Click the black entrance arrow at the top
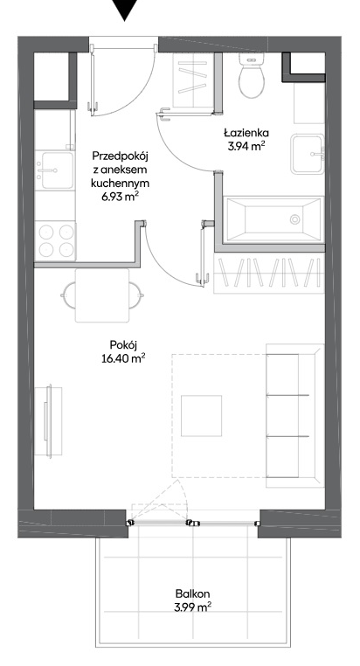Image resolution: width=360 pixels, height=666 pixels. tap(125, 9)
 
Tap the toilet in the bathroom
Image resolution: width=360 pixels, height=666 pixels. tap(252, 76)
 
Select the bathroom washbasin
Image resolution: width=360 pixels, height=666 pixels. tap(308, 154)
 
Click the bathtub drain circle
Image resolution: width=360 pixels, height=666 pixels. tap(295, 219)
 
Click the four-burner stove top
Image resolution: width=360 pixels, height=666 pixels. tap(56, 241)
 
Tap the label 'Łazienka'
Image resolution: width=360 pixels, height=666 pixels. tap(246, 133)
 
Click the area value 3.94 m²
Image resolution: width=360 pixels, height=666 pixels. tap(246, 147)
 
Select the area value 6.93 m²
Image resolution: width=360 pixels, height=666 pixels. tap(120, 197)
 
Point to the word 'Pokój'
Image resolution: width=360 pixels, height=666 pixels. tap(122, 345)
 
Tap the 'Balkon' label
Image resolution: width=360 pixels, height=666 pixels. tap(193, 593)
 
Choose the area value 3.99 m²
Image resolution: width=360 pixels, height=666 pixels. tap(193, 607)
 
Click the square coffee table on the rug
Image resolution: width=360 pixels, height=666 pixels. tap(201, 416)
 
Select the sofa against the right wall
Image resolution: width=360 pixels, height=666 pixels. tap(295, 415)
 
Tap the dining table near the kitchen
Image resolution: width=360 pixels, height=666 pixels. tap(102, 295)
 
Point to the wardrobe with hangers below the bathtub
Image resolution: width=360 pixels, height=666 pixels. tap(269, 273)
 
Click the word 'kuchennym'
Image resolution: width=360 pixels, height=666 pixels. tap(120, 183)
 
